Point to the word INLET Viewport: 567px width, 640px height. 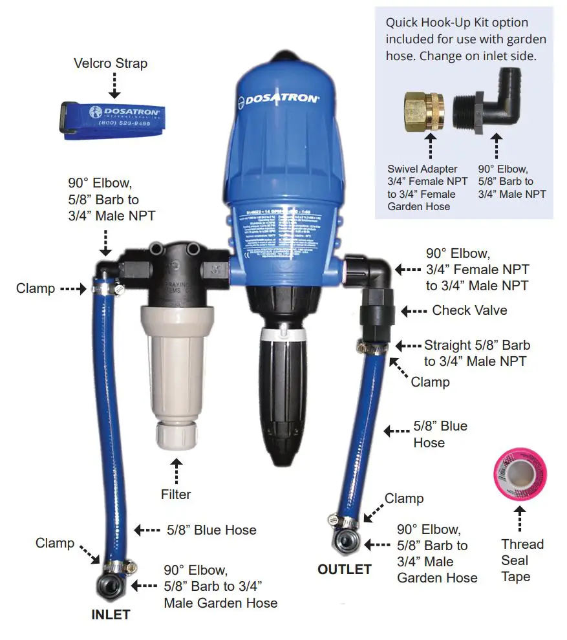[x=110, y=615]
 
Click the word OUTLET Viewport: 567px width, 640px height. [x=345, y=570]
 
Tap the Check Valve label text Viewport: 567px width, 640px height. [x=469, y=310]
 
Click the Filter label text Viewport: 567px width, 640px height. [x=176, y=495]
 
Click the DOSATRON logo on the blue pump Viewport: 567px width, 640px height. [x=281, y=99]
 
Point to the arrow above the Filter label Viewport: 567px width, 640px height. [x=176, y=470]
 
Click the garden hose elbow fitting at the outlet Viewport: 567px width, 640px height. [x=343, y=540]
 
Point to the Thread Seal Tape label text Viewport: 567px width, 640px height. [x=522, y=560]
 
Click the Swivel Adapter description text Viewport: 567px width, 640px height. [x=423, y=187]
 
